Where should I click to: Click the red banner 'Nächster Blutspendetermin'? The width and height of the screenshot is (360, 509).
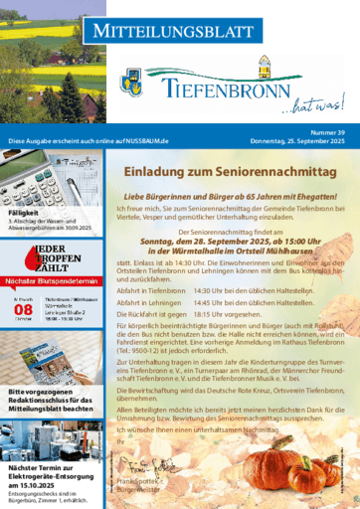click(50, 281)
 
